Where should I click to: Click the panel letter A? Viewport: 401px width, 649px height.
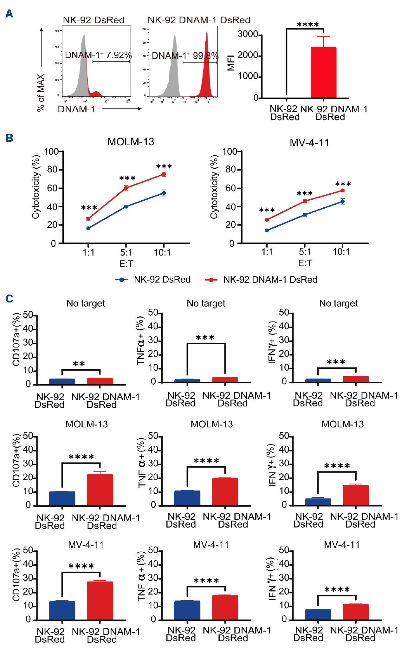pyautogui.click(x=10, y=14)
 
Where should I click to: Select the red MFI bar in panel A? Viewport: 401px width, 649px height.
pyautogui.click(x=323, y=72)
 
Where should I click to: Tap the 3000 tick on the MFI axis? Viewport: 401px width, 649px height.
pyautogui.click(x=248, y=34)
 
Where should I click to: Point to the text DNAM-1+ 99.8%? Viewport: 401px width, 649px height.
pyautogui.click(x=185, y=56)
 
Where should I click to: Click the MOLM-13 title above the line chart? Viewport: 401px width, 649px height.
pyautogui.click(x=131, y=141)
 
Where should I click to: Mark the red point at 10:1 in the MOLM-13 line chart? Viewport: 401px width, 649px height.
pyautogui.click(x=164, y=174)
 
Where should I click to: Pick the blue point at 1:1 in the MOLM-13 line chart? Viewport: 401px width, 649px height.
pyautogui.click(x=88, y=228)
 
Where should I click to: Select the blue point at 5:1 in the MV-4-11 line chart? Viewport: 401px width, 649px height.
pyautogui.click(x=305, y=215)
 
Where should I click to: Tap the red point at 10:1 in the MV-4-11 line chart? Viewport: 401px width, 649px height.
pyautogui.click(x=343, y=191)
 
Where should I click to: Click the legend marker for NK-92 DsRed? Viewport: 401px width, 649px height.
pyautogui.click(x=121, y=280)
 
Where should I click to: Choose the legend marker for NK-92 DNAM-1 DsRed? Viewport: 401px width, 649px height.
pyautogui.click(x=211, y=280)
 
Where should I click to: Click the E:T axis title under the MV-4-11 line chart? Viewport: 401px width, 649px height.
pyautogui.click(x=305, y=263)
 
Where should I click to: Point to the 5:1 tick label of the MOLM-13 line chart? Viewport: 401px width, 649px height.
pyautogui.click(x=126, y=252)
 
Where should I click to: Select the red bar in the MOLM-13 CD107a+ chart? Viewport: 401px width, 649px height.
pyautogui.click(x=100, y=490)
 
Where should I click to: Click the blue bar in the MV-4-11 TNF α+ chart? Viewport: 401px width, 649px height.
pyautogui.click(x=187, y=610)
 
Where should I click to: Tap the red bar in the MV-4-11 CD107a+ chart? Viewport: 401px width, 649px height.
pyautogui.click(x=100, y=600)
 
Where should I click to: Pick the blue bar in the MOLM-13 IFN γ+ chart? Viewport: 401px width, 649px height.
pyautogui.click(x=318, y=502)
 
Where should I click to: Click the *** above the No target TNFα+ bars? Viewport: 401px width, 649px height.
pyautogui.click(x=205, y=337)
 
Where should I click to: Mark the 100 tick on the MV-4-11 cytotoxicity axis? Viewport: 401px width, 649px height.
pyautogui.click(x=230, y=152)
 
